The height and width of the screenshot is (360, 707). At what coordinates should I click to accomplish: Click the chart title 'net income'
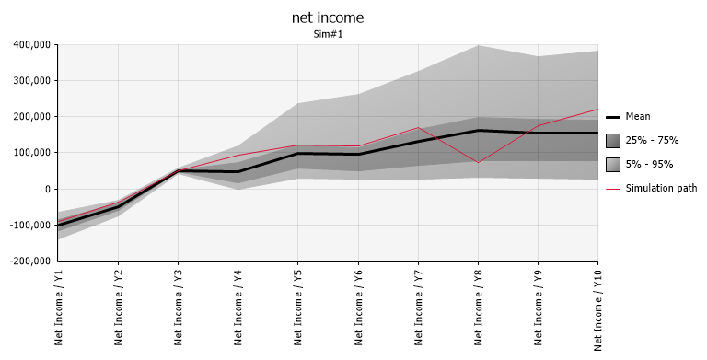[328, 17]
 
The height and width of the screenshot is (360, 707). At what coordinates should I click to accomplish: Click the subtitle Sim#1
[328, 34]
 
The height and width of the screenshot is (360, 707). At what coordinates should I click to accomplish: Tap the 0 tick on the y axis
[46, 189]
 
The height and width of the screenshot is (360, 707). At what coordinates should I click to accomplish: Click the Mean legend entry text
[638, 116]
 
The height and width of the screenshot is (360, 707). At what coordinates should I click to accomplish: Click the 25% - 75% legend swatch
[612, 140]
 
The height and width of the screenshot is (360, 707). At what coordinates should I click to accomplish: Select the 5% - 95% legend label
[649, 164]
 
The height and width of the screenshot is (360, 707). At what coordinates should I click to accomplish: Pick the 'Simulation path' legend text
[661, 188]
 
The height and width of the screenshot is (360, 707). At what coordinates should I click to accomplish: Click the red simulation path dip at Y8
[478, 163]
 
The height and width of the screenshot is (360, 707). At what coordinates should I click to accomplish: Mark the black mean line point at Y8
[478, 130]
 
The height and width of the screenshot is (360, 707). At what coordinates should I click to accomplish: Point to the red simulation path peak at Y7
[418, 128]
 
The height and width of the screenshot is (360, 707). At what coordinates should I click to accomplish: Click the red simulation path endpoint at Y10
[597, 110]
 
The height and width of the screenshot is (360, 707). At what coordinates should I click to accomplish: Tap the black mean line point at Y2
[118, 207]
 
